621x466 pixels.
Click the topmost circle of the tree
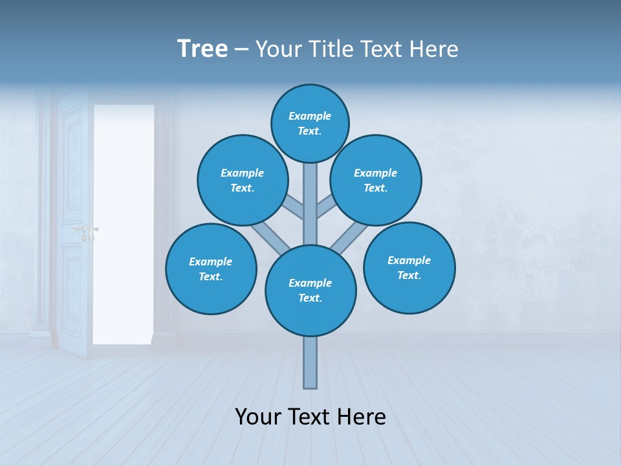310,123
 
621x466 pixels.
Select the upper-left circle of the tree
243,180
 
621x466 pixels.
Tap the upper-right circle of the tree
376,180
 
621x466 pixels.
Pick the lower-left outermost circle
211,269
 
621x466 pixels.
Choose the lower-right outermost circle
409,267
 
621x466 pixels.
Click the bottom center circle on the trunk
310,291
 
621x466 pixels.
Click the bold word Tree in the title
202,49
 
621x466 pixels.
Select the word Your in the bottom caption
259,416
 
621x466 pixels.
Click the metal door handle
87,230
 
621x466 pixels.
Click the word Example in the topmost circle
310,116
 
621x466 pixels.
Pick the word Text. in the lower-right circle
409,275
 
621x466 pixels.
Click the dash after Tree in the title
241,49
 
